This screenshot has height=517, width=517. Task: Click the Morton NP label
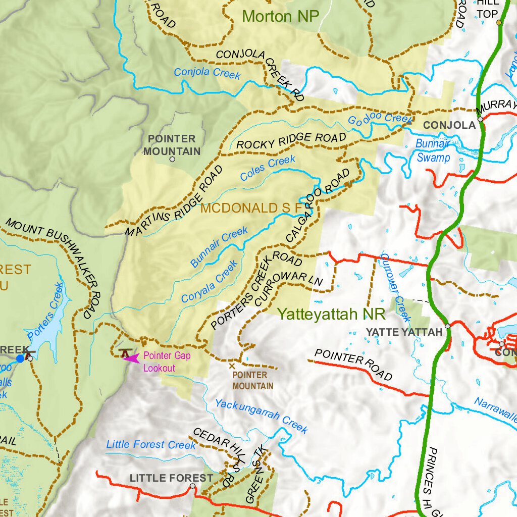click(281, 16)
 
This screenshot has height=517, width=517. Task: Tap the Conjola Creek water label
click(207, 73)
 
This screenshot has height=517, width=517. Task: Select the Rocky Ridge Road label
click(291, 141)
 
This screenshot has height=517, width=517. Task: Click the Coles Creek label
click(268, 169)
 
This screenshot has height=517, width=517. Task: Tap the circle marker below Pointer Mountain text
click(172, 159)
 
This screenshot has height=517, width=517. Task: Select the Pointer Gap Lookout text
click(167, 362)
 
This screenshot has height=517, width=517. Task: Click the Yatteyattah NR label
click(331, 314)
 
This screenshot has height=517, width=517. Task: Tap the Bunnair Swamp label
click(433, 150)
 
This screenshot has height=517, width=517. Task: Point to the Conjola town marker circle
click(480, 120)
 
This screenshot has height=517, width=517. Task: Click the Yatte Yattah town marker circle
click(447, 326)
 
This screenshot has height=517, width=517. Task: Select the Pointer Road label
click(353, 364)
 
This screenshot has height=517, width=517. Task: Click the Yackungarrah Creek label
click(261, 416)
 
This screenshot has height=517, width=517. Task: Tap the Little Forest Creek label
click(150, 445)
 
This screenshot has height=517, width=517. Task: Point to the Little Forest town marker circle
click(192, 486)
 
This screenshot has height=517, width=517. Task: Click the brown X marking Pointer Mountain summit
click(232, 365)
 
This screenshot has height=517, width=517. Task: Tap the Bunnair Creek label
click(219, 247)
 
